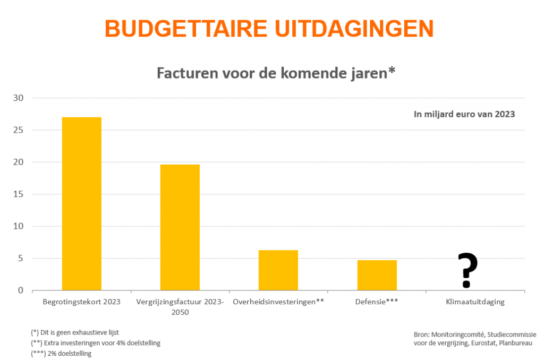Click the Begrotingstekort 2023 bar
(82, 204)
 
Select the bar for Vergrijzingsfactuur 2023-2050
(180, 227)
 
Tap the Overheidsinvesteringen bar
(278, 270)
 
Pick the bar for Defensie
(377, 275)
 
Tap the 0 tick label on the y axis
(21, 290)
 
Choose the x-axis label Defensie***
(377, 302)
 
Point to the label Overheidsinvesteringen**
(278, 302)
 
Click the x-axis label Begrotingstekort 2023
(82, 302)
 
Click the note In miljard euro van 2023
(464, 114)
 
